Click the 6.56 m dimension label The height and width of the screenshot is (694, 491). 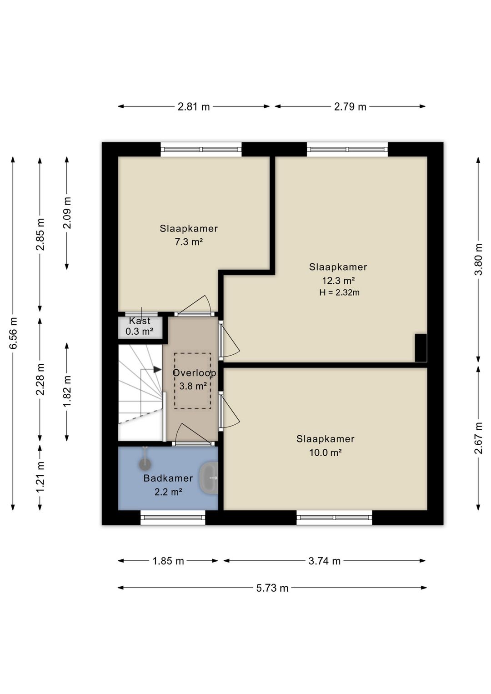[14, 333]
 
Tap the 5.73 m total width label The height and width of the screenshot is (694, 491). [272, 588]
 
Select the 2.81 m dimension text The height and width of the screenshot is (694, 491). [194, 107]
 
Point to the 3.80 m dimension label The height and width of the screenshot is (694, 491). [479, 259]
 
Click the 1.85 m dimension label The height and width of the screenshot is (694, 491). [168, 561]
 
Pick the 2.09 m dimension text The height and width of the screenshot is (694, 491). [67, 213]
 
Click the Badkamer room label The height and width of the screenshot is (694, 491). [168, 478]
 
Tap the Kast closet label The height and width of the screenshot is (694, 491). [140, 321]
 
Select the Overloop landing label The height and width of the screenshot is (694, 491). [194, 373]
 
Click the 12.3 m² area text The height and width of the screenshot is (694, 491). [338, 281]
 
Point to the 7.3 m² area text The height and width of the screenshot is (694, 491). [189, 241]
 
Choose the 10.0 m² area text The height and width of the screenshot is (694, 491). [325, 453]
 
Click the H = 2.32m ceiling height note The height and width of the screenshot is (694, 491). [340, 292]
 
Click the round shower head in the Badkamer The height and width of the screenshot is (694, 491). [145, 463]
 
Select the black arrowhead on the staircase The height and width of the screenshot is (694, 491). [157, 370]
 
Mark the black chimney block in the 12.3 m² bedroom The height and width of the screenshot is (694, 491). [421, 348]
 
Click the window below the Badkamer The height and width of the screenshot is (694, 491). [173, 518]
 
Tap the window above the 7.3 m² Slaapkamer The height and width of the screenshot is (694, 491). [201, 149]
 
